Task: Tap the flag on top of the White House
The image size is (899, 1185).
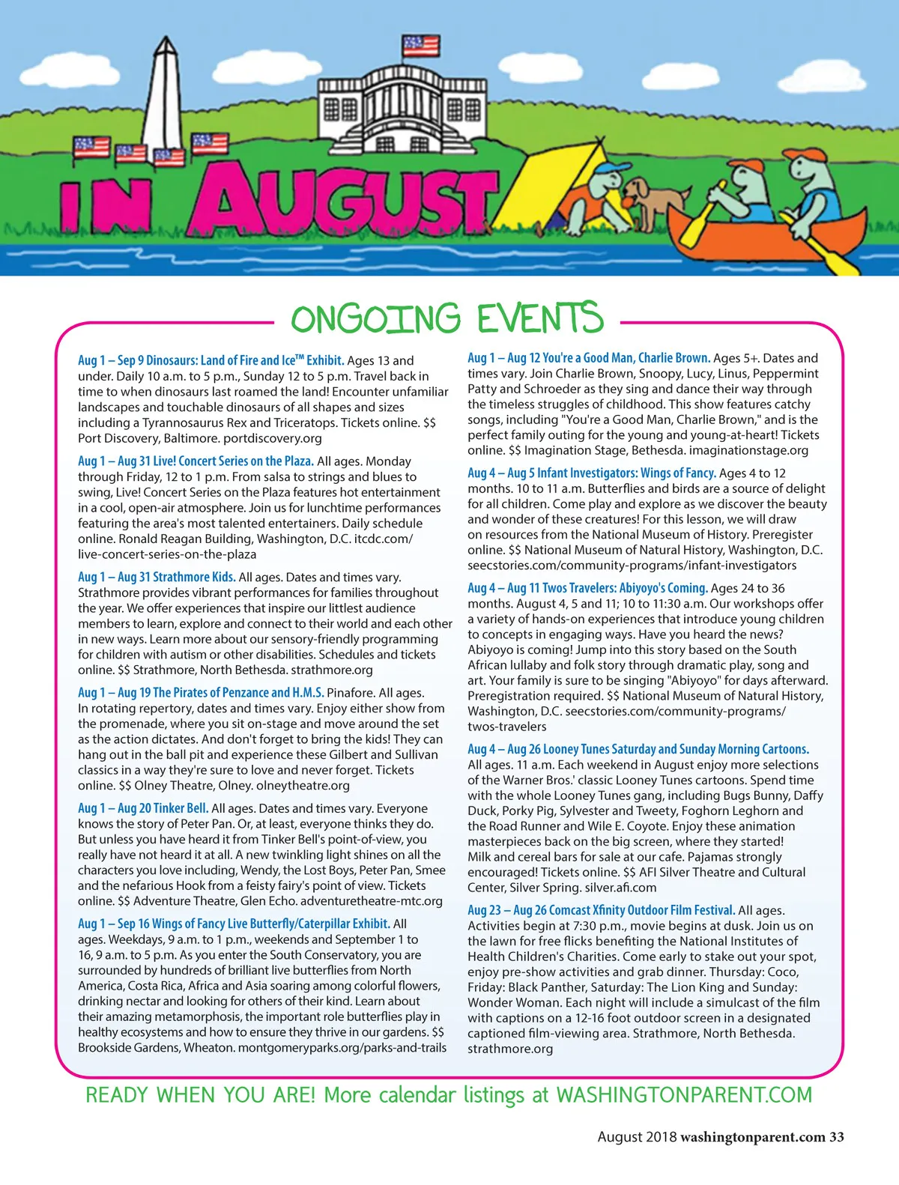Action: tap(420, 45)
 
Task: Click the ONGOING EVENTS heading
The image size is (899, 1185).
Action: tap(447, 318)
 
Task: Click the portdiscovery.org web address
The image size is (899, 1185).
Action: tap(273, 438)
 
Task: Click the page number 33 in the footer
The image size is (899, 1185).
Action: tap(836, 1137)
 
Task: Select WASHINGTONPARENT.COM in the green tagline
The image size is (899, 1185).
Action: tap(684, 1095)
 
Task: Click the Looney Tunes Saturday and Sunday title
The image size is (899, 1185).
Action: tap(638, 749)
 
